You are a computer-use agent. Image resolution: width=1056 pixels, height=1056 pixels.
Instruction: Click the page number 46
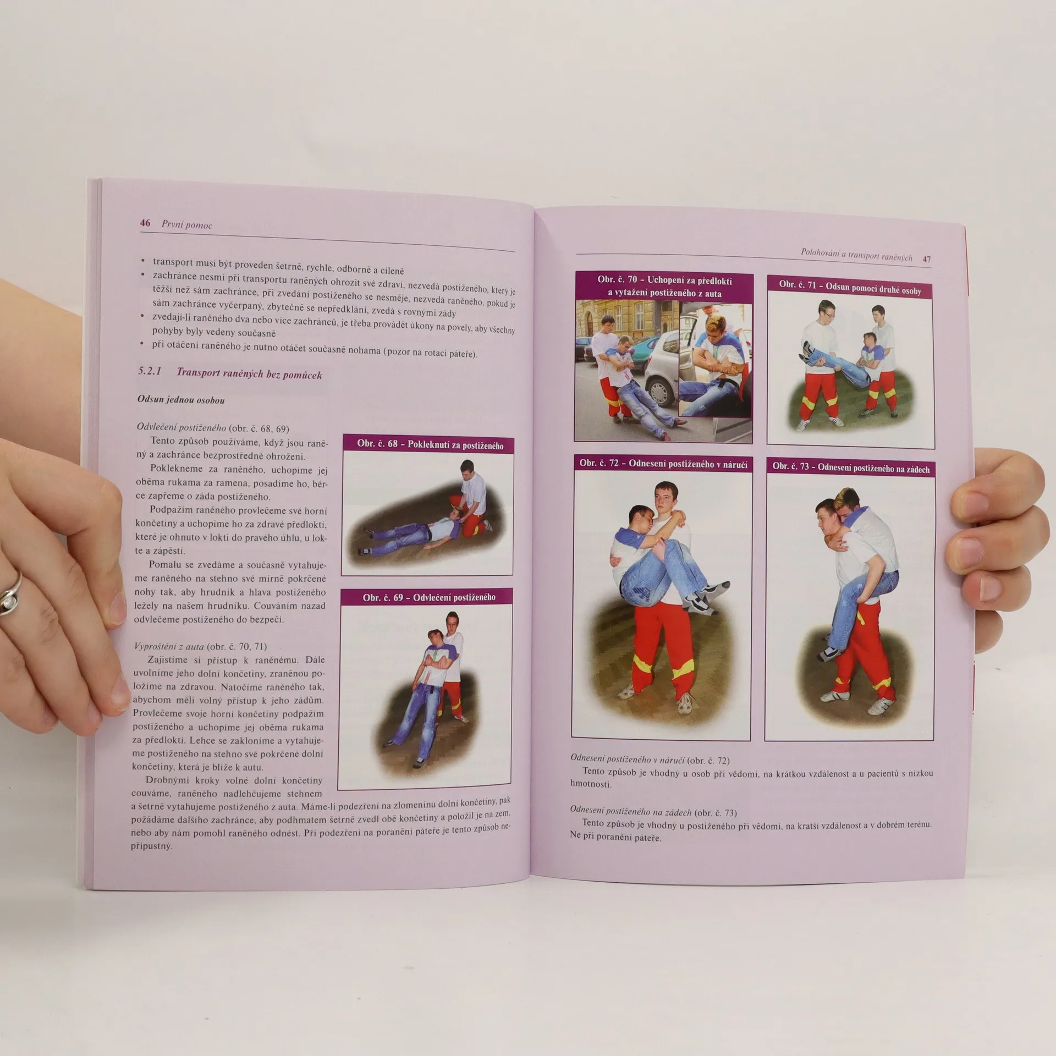[145, 223]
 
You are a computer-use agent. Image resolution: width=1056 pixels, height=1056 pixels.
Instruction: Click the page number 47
[927, 259]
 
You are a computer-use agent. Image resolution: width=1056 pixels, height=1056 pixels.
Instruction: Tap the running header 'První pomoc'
[187, 224]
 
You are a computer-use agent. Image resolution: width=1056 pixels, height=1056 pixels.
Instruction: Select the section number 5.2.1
[150, 371]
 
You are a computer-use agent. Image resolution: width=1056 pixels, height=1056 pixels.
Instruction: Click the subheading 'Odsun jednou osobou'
[181, 400]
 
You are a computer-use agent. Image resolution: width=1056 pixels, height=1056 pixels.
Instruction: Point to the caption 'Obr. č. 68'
[377, 443]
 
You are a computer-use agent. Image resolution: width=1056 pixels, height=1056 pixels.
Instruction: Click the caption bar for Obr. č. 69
[427, 597]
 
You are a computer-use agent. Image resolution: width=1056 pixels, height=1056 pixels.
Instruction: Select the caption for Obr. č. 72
[663, 464]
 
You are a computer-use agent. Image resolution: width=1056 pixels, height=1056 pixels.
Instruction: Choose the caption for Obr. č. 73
[851, 468]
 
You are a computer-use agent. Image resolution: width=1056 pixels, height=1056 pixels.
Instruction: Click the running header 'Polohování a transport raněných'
[856, 256]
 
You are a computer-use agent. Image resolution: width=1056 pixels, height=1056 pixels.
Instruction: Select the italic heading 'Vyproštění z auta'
[169, 646]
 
